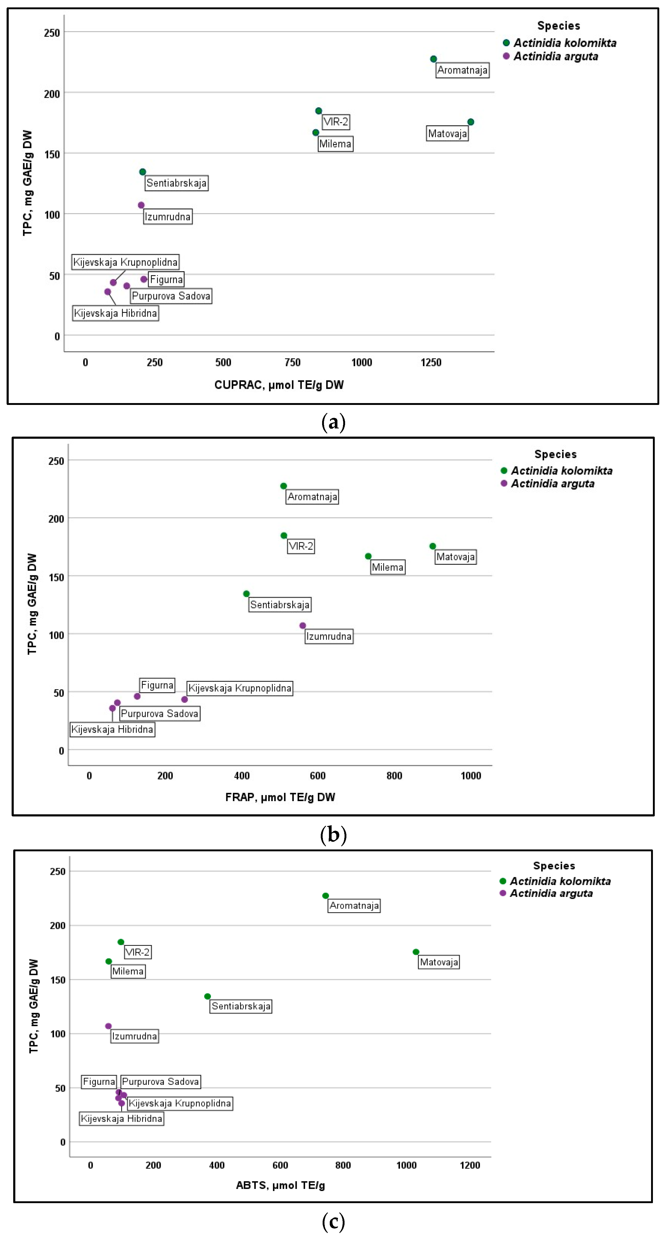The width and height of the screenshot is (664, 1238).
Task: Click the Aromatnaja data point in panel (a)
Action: (433, 59)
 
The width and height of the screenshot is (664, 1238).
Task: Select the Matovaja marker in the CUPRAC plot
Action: (470, 122)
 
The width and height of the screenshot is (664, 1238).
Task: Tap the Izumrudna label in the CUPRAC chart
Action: (168, 217)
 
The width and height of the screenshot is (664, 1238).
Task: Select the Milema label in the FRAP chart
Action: (387, 568)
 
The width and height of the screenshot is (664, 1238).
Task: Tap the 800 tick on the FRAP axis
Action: (394, 776)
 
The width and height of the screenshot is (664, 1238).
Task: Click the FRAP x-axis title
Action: (280, 797)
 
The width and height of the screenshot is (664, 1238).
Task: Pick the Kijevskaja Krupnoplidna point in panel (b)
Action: (185, 699)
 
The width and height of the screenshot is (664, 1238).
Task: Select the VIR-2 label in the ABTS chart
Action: (137, 952)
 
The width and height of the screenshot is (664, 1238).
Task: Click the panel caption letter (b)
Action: (333, 835)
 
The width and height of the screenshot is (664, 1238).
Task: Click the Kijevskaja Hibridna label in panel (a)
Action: (115, 313)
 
